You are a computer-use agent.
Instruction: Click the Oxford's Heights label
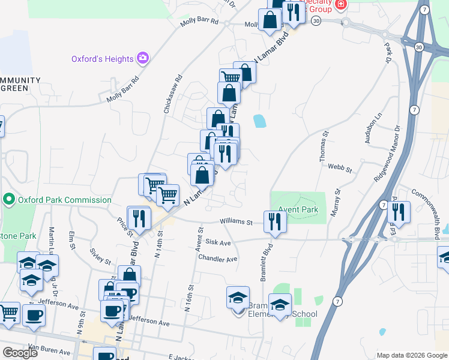(x=102, y=59)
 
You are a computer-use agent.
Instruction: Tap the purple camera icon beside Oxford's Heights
(x=143, y=58)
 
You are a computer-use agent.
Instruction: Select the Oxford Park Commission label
(x=64, y=200)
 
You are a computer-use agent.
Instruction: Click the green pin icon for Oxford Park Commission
(x=9, y=199)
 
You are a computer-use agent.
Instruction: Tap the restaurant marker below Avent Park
(x=276, y=221)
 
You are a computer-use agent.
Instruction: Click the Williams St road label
(x=236, y=222)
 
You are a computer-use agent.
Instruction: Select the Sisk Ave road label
(x=218, y=243)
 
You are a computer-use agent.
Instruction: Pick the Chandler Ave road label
(x=218, y=259)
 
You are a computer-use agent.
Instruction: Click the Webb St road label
(x=340, y=170)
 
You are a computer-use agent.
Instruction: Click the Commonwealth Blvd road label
(x=429, y=211)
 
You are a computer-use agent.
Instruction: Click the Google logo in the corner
(x=20, y=352)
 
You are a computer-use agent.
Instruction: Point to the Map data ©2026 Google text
(x=411, y=355)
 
